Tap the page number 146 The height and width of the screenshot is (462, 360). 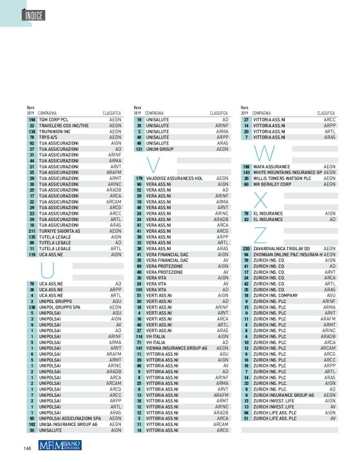(x=27, y=448)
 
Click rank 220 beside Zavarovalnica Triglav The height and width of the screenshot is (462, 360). (x=246, y=248)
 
